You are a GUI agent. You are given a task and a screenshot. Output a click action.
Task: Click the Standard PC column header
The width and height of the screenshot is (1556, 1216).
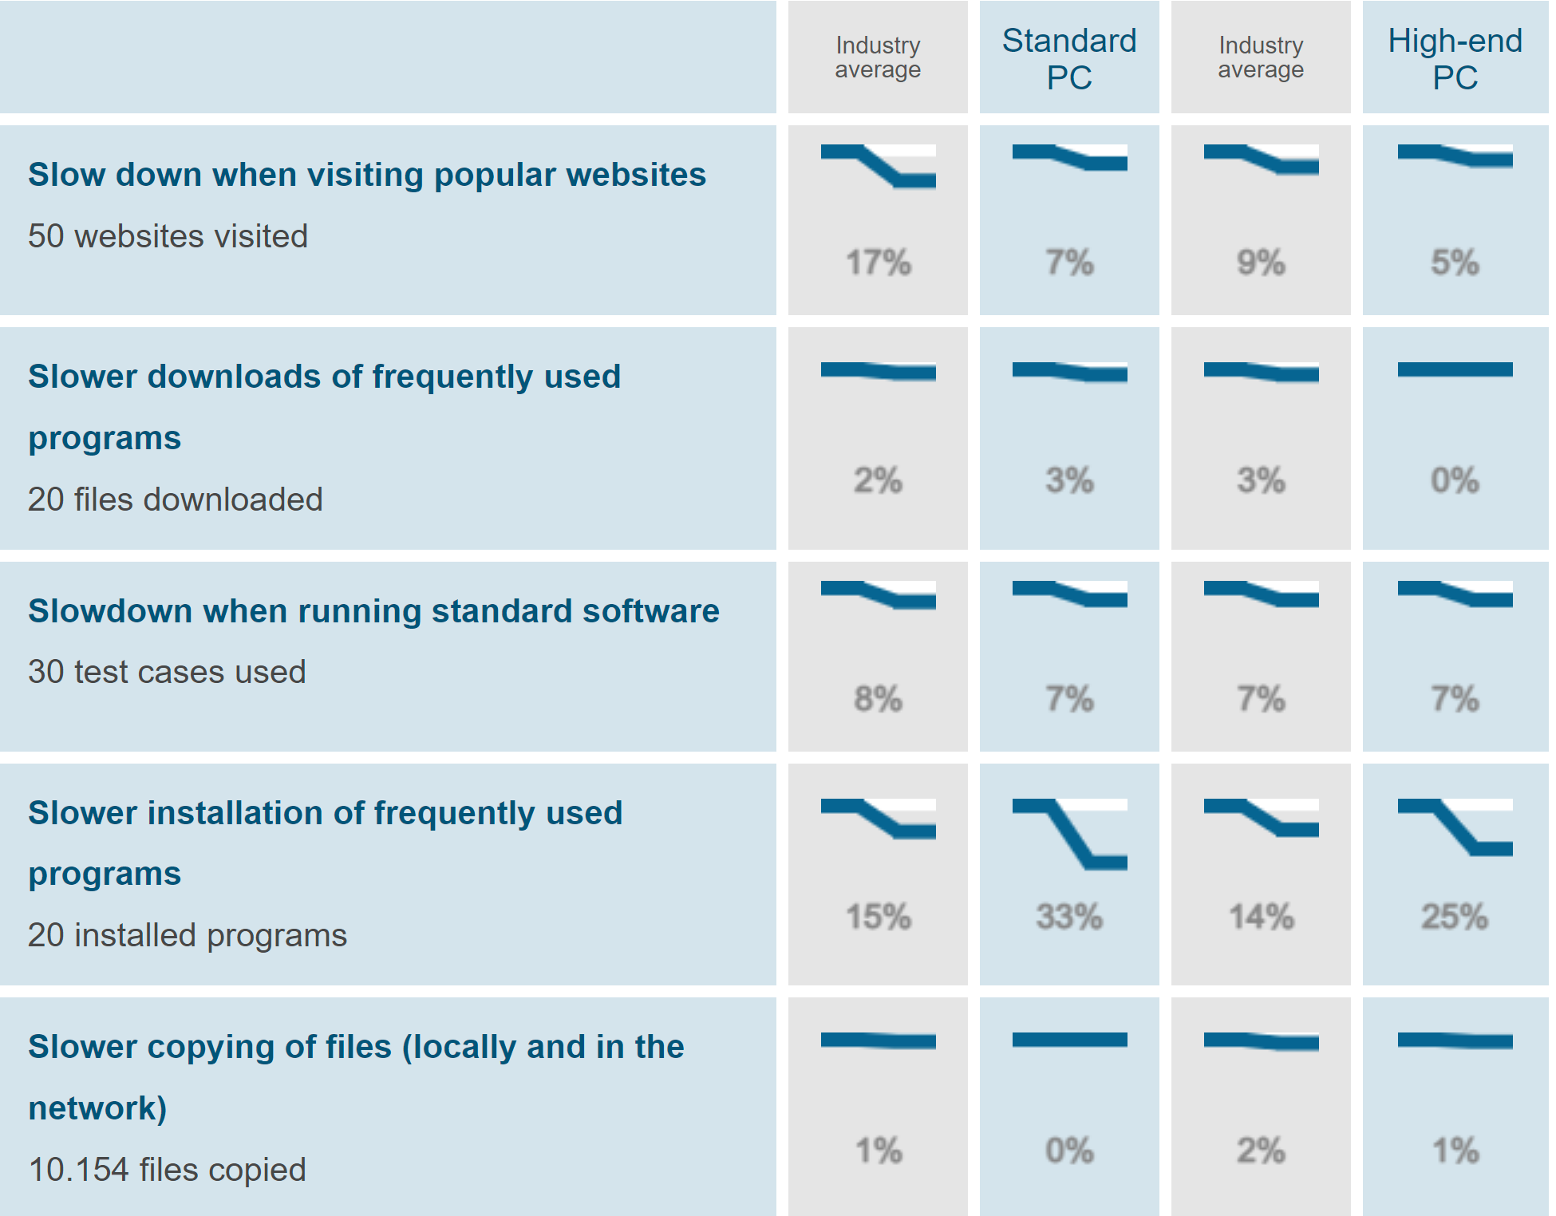1069,59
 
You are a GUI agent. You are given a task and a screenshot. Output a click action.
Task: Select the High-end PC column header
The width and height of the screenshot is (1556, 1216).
1455,59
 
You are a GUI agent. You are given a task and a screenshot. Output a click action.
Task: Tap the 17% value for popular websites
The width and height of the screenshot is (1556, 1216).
878,263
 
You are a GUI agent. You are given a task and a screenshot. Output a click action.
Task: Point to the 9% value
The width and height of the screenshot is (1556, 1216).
1261,263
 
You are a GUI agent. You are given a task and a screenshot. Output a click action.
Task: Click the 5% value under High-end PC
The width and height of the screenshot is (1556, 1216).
1455,263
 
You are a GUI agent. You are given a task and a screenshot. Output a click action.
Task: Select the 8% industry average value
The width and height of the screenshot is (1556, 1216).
878,699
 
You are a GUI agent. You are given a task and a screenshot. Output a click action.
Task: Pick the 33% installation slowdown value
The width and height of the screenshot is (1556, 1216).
1069,917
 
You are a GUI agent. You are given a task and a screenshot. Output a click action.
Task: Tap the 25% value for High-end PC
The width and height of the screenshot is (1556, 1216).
1455,917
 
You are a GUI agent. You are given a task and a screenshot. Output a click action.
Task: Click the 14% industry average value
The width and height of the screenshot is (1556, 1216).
1261,917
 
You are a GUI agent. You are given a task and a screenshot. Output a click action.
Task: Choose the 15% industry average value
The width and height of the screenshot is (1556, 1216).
878,917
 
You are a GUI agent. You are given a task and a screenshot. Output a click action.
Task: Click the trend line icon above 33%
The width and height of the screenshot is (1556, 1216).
1069,834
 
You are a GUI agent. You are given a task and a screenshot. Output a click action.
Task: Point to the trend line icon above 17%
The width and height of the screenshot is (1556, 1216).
878,166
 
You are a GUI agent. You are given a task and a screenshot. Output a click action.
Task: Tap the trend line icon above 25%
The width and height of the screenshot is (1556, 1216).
1455,827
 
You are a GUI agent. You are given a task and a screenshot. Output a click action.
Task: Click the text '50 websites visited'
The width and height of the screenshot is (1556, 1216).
168,236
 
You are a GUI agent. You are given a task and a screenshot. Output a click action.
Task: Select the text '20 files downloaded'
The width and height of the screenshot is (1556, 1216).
175,499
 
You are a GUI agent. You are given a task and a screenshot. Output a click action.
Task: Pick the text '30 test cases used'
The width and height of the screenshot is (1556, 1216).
167,672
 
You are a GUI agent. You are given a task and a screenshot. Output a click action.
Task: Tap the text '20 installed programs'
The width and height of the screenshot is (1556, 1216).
188,935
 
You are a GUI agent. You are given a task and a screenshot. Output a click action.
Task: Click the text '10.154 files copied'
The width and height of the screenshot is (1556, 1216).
167,1170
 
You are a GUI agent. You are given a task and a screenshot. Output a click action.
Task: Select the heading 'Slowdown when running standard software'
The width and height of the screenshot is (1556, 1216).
373,611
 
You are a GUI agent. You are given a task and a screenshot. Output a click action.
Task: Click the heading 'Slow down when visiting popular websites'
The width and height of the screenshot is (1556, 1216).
367,175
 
